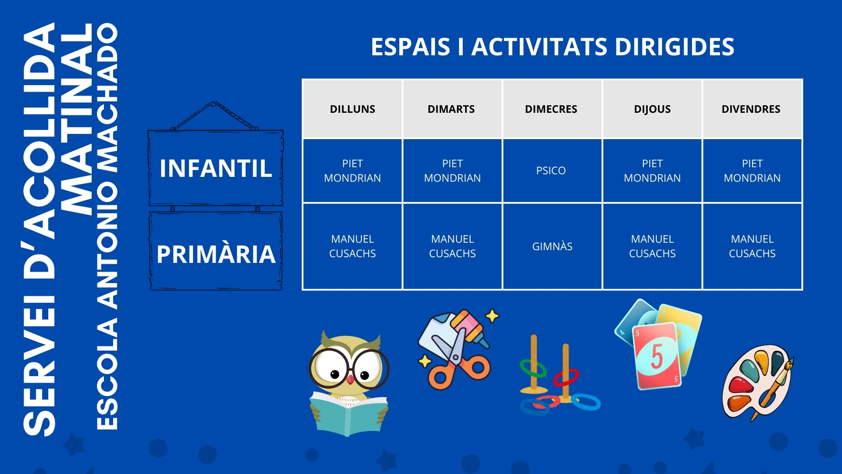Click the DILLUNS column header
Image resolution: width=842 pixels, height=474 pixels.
352,109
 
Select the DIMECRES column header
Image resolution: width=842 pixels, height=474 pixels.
551,109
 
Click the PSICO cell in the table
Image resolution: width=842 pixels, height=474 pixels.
551,170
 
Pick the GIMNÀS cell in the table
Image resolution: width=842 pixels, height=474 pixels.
552,246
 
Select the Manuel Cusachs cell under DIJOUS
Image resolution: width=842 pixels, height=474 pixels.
652,246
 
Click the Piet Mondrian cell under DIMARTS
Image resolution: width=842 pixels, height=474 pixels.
452,171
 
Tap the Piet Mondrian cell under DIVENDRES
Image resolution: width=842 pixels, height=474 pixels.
752,171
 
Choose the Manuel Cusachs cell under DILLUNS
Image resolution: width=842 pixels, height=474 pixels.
352,246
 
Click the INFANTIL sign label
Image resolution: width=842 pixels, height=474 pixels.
216,169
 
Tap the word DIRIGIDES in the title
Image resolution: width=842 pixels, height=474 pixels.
674,47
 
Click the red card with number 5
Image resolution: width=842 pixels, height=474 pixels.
657,355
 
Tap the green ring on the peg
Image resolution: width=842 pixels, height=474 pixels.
533,368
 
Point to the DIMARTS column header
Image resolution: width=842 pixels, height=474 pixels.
451,109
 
